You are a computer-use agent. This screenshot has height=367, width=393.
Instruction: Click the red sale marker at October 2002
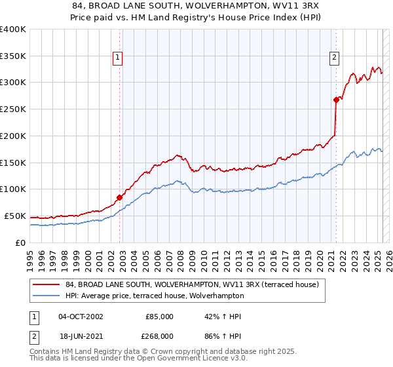click(120, 197)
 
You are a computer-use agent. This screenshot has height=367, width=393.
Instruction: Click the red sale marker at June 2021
click(336, 100)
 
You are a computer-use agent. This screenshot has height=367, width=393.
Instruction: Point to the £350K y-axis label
click(13, 56)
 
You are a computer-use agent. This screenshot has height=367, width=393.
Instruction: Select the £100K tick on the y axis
click(13, 189)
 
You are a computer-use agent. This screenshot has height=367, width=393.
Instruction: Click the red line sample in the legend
click(47, 284)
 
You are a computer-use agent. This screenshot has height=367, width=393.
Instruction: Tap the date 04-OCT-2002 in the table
click(81, 317)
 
